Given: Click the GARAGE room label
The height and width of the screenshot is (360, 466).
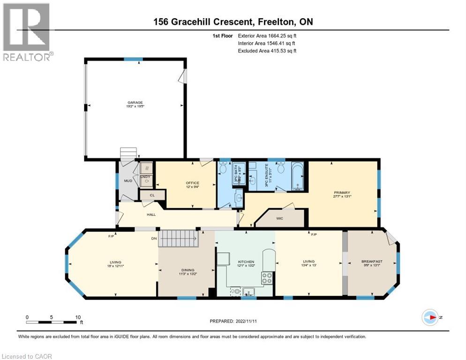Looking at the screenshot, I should tap(135, 103).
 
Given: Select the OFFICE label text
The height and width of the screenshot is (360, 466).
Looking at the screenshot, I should tap(192, 183).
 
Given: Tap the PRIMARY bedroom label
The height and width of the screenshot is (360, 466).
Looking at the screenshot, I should tap(342, 193).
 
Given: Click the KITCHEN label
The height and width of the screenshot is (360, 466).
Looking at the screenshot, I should tap(246, 262).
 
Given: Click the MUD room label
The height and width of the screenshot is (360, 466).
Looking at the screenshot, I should tap(128, 180).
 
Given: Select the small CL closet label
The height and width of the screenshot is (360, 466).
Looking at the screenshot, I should tap(152, 195).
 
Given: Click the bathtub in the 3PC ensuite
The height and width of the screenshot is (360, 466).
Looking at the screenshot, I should tap(298, 177).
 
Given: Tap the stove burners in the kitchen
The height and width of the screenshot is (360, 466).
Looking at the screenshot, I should tap(267, 277).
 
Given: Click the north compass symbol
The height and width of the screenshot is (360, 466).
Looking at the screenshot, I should tap(429, 317).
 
